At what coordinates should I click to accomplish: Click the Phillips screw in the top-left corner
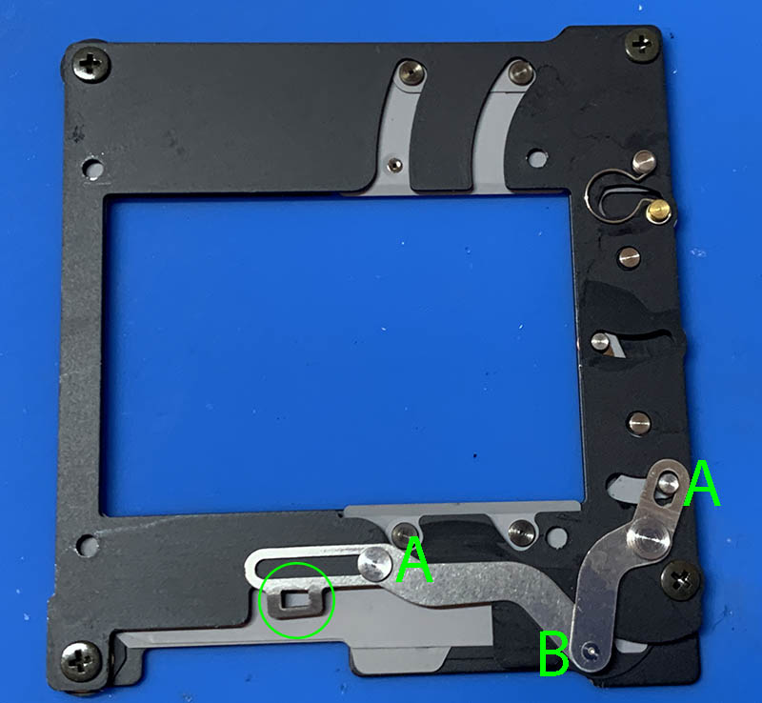click(x=90, y=65)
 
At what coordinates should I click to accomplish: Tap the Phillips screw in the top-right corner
click(x=642, y=46)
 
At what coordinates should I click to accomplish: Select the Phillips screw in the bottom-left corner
click(x=81, y=662)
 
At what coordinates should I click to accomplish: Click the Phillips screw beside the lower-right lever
click(x=681, y=579)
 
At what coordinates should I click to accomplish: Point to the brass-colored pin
click(x=658, y=211)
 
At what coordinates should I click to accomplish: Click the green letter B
click(x=553, y=653)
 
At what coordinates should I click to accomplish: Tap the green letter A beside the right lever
click(x=702, y=484)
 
